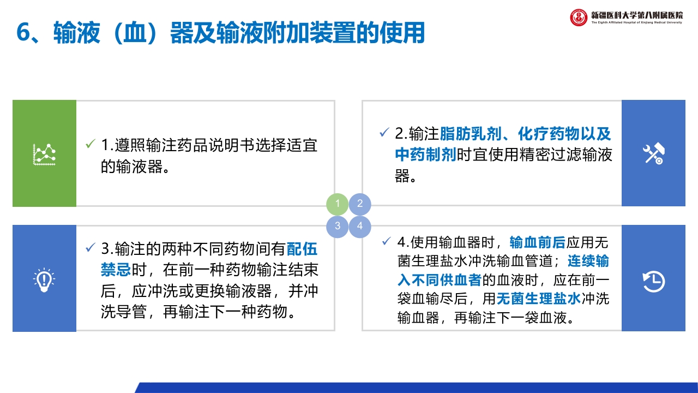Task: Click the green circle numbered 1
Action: [x=338, y=204]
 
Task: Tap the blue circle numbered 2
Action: [x=360, y=204]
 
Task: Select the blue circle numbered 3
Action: [x=338, y=226]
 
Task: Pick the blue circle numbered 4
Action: [x=360, y=226]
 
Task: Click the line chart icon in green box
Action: [x=44, y=154]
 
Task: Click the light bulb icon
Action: [x=44, y=279]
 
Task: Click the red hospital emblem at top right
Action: [x=579, y=17]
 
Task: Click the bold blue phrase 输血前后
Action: [x=537, y=242]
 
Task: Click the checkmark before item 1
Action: [x=91, y=145]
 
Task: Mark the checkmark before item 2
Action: [x=384, y=133]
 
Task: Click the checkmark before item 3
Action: [x=91, y=248]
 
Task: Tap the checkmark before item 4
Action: [x=387, y=241]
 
